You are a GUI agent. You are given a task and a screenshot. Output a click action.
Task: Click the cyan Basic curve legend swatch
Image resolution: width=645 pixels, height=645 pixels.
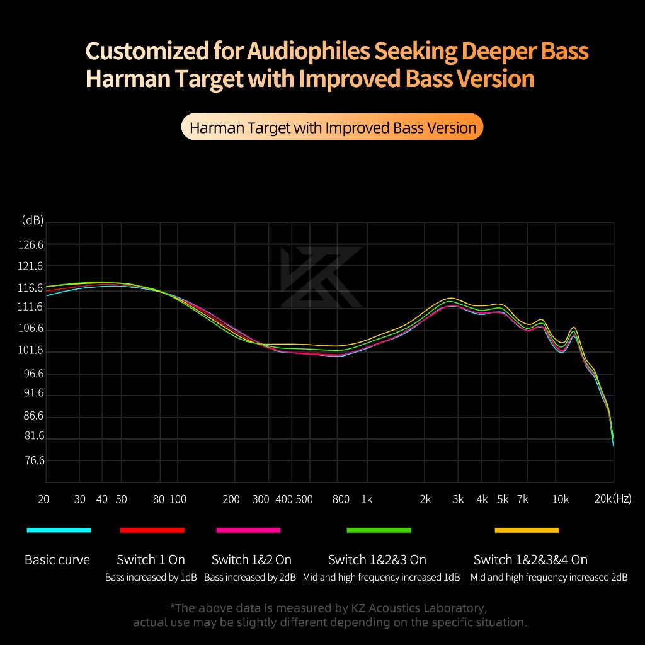pyautogui.click(x=59, y=530)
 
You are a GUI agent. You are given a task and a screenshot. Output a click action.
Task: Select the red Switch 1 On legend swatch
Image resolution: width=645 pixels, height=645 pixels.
pyautogui.click(x=152, y=530)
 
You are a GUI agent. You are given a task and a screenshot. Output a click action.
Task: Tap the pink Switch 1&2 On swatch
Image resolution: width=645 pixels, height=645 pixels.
pyautogui.click(x=248, y=530)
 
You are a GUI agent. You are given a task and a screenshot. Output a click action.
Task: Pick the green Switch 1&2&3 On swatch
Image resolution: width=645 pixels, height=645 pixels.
pyautogui.click(x=379, y=530)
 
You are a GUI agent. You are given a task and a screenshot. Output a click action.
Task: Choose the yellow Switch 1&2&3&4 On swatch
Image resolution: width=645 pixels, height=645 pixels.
pyautogui.click(x=527, y=530)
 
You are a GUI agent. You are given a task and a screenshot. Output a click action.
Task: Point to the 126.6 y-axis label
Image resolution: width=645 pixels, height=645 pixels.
pyautogui.click(x=30, y=245)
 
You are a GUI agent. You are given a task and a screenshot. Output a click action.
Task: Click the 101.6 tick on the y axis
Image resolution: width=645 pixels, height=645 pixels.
pyautogui.click(x=30, y=350)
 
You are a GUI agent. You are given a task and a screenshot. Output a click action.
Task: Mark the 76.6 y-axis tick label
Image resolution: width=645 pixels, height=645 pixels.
pyautogui.click(x=35, y=460)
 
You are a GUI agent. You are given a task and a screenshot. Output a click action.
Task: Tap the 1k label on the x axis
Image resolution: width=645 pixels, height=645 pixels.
pyautogui.click(x=367, y=499)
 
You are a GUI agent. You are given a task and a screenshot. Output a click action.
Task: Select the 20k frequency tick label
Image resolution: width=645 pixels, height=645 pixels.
pyautogui.click(x=603, y=499)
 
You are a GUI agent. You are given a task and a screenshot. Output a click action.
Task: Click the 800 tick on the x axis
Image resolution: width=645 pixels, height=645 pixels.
pyautogui.click(x=341, y=499)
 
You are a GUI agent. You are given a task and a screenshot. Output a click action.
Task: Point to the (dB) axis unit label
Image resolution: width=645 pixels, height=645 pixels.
pyautogui.click(x=33, y=220)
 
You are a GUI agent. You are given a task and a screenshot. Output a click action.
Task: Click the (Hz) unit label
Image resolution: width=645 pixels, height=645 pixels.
pyautogui.click(x=622, y=499)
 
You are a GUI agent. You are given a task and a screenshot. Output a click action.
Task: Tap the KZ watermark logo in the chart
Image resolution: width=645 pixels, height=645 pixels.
pyautogui.click(x=321, y=277)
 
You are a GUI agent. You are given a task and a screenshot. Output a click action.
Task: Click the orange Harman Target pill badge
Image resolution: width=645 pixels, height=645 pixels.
pyautogui.click(x=333, y=127)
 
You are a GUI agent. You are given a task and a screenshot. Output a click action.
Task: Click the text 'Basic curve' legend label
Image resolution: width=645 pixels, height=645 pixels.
pyautogui.click(x=57, y=560)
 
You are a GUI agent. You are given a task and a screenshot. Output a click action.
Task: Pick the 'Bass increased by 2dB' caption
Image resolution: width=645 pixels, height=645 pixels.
pyautogui.click(x=250, y=578)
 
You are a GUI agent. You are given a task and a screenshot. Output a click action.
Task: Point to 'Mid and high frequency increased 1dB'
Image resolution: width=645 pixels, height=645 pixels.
pyautogui.click(x=381, y=578)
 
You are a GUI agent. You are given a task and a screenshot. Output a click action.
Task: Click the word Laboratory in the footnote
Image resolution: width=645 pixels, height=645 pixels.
pyautogui.click(x=456, y=608)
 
